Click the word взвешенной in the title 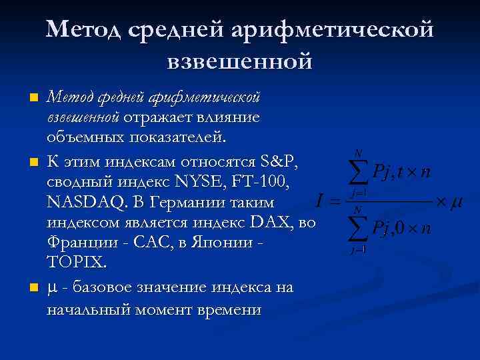[239, 62]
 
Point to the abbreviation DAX [271, 221]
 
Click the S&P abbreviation [283, 161]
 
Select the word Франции [81, 241]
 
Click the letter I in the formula [321, 200]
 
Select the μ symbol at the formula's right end [457, 201]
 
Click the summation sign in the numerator [359, 173]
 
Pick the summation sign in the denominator [359, 229]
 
